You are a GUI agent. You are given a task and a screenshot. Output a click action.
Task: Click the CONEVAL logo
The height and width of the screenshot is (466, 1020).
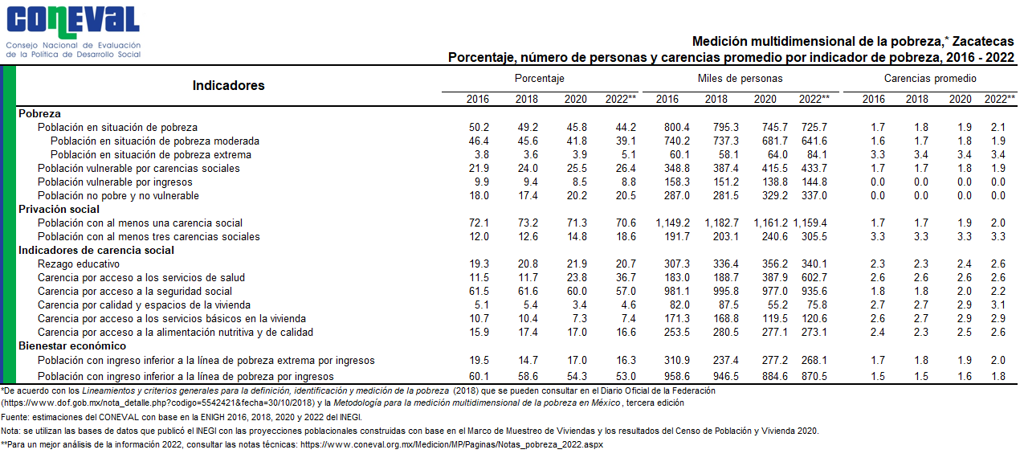[x=73, y=32]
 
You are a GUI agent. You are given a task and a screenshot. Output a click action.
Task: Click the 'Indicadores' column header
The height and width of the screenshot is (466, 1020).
[x=228, y=86]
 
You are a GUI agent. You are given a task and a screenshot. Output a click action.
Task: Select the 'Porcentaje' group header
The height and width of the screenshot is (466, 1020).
[x=539, y=79]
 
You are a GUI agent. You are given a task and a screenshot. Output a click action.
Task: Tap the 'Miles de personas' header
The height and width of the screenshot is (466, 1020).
[x=740, y=79]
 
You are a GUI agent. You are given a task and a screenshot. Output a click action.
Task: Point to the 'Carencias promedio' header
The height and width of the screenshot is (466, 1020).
[x=930, y=79]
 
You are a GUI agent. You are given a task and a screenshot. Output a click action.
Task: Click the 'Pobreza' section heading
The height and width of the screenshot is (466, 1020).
[x=39, y=113]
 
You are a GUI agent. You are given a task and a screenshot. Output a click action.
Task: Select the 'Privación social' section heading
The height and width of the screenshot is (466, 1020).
[x=59, y=209]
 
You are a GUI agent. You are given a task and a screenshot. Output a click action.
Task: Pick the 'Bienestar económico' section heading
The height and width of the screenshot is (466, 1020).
[x=72, y=345]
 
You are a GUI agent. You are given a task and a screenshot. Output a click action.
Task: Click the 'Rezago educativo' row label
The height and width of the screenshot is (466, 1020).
[x=79, y=264]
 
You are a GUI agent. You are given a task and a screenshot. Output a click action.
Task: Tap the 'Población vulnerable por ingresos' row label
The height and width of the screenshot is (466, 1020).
[x=115, y=182]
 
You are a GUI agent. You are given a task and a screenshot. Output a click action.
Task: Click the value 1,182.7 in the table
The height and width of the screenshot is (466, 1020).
[x=721, y=223]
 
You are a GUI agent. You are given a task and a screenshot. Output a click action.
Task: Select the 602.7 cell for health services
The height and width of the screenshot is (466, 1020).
[x=814, y=278]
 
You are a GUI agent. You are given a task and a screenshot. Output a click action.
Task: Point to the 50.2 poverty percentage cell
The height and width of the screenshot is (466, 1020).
[x=479, y=128]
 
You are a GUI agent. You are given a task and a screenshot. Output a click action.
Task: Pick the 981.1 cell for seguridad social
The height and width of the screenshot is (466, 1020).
[x=677, y=292]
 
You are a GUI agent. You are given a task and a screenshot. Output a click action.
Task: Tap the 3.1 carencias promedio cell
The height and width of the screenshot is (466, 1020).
[x=998, y=305]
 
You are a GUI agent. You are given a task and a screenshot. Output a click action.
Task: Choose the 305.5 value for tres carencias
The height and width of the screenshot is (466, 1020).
[x=814, y=237]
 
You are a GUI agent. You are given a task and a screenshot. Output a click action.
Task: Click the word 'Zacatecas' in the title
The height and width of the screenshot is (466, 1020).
[x=983, y=42]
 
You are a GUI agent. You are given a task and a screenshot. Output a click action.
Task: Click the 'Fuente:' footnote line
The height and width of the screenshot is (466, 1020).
[x=182, y=417]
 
